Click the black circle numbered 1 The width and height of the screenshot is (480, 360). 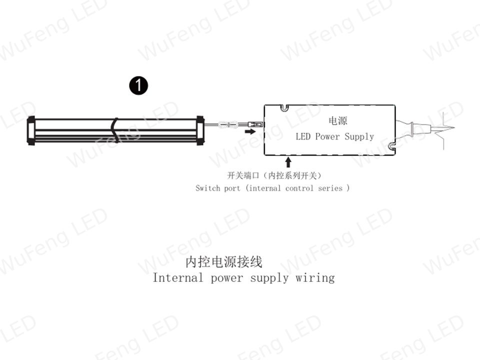138,85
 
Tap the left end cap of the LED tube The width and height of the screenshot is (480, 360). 31,130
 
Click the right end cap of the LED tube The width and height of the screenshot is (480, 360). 200,130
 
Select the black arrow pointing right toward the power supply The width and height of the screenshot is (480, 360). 250,131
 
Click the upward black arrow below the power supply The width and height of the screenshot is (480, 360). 288,162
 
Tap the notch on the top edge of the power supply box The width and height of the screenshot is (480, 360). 284,107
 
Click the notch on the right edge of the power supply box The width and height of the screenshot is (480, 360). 392,147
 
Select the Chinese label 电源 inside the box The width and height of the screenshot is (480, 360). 337,120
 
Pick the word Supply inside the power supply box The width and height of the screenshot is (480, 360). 359,136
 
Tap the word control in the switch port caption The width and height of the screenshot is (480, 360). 299,188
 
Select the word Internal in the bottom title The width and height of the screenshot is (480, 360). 177,277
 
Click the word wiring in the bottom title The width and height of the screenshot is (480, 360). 315,278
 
